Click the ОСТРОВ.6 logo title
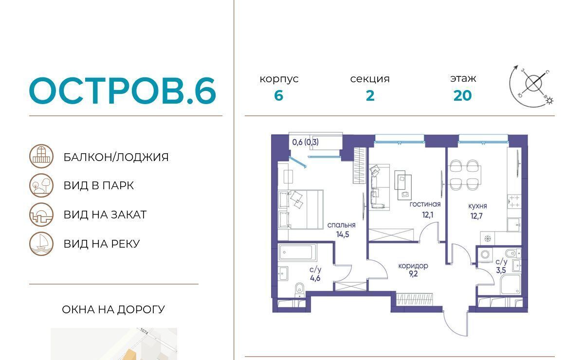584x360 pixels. pos(123,90)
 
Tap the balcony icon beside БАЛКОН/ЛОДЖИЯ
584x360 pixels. pos(41,156)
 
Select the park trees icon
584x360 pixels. pos(41,185)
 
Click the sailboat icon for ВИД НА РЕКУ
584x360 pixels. pos(41,244)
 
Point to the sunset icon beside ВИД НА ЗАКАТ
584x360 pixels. pos(41,215)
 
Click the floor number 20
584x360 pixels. pos(462,96)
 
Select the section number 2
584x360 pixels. pos(370,96)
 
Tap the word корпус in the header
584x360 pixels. pos(279,79)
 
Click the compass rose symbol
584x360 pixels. pos(532,86)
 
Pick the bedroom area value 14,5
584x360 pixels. pos(342,234)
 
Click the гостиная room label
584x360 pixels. pos(425,204)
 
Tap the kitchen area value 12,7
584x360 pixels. pos(476,216)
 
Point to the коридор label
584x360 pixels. pos(413,266)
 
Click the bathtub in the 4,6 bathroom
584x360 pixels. pos(297,252)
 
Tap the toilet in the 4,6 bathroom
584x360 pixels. pos(300,290)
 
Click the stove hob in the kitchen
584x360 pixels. pos(514,201)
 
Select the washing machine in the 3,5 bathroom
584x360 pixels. pos(485,254)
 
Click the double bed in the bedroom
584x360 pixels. pos(301,210)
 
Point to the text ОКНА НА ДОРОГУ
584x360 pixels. pos(113,309)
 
